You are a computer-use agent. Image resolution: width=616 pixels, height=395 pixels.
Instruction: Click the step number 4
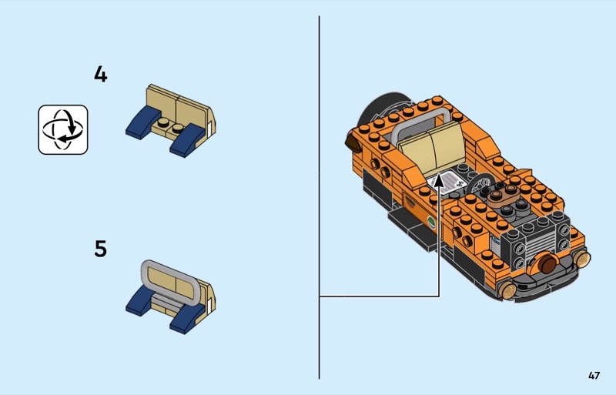pos(101,74)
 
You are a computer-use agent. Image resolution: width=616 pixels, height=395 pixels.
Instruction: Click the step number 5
pos(101,249)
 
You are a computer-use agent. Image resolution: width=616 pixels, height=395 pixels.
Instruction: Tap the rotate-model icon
pos(63,129)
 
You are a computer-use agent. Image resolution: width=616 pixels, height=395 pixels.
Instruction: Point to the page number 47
pos(594,375)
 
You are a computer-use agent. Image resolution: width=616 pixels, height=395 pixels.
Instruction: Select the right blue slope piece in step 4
pos(188,139)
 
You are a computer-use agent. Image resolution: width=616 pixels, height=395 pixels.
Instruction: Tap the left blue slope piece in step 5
pos(141,302)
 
